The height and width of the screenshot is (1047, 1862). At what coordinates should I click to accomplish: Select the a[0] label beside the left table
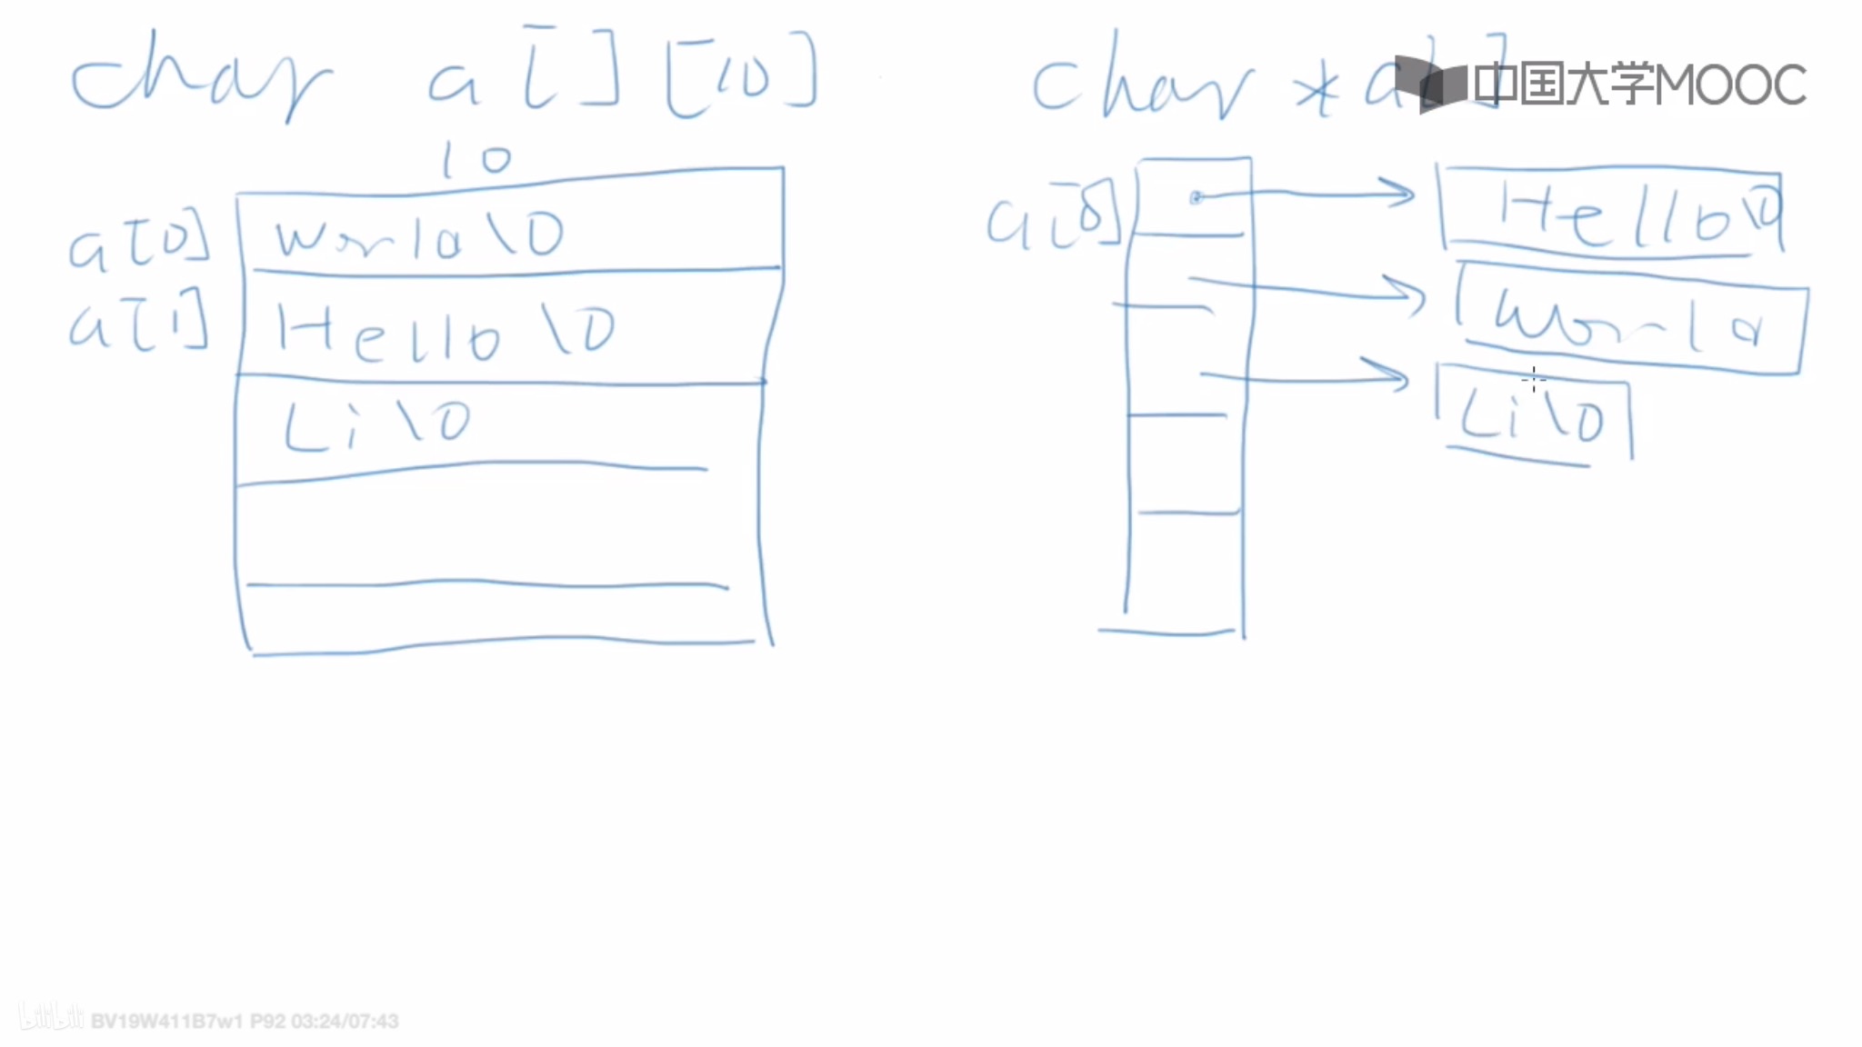(138, 242)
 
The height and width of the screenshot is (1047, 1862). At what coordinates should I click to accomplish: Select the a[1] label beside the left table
(138, 324)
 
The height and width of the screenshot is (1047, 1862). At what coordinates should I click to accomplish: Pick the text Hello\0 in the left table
(445, 333)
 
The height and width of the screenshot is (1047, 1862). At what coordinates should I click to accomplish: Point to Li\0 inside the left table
(376, 424)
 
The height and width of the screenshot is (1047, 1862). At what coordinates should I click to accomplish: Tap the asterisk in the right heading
(1317, 92)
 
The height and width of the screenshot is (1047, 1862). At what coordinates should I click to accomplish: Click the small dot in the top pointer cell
(1196, 197)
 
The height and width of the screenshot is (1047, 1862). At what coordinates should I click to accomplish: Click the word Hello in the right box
(1627, 215)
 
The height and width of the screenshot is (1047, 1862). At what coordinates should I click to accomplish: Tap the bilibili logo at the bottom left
(51, 1018)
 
